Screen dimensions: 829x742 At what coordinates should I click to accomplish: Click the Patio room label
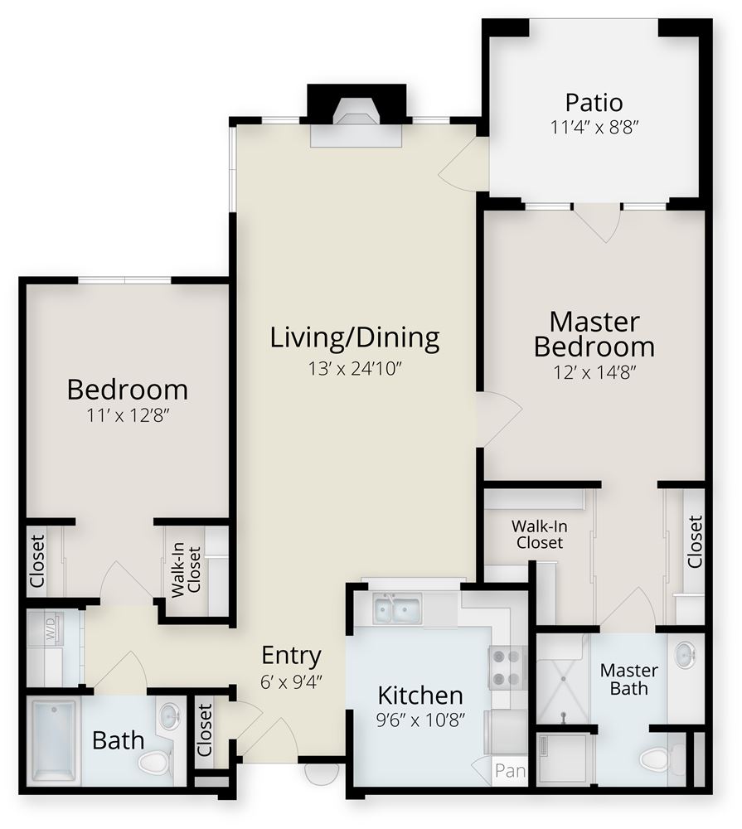(x=594, y=103)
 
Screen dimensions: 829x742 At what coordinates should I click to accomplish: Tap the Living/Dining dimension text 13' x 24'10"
(x=355, y=369)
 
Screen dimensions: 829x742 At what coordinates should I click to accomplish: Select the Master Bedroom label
(x=594, y=333)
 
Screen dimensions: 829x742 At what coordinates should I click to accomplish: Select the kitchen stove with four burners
(x=507, y=668)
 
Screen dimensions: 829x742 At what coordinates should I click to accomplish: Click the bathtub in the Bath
(x=55, y=737)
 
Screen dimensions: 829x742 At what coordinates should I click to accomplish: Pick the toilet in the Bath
(x=156, y=759)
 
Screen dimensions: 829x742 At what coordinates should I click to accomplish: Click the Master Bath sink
(x=685, y=656)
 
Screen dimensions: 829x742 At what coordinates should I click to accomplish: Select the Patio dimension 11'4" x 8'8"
(x=594, y=128)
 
